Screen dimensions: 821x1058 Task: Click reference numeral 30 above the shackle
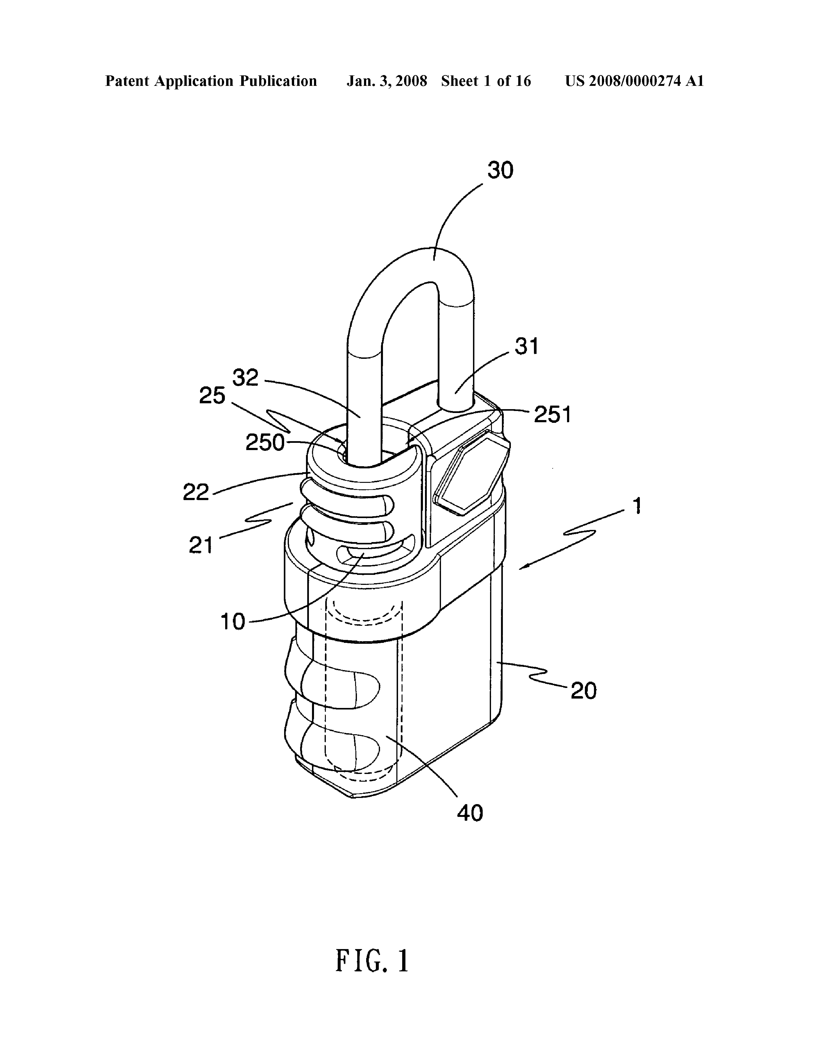coord(500,170)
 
